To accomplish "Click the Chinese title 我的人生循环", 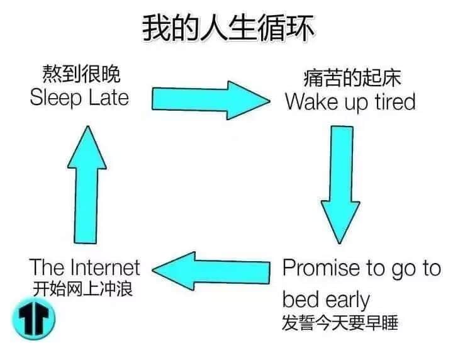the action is click(x=228, y=28).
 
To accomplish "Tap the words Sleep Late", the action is click(x=79, y=98).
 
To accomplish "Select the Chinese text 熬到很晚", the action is click(x=81, y=74).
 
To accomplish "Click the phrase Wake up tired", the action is click(x=350, y=102).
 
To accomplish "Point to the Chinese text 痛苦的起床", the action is click(x=352, y=77).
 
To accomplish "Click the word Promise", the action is click(x=322, y=268).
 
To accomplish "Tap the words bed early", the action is click(x=326, y=300).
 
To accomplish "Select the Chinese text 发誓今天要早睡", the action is click(x=340, y=322).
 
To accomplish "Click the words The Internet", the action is click(x=85, y=267).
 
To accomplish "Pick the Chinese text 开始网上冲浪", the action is click(x=83, y=289).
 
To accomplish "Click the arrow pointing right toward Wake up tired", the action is click(x=211, y=100).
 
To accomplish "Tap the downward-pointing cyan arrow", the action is click(x=340, y=184).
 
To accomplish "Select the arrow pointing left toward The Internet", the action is click(x=211, y=271).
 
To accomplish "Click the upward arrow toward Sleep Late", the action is click(x=87, y=184).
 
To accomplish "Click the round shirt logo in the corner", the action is click(x=34, y=318).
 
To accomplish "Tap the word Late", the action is click(x=109, y=98).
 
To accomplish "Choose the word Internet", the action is click(x=105, y=267).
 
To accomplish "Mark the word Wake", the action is click(x=311, y=101).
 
